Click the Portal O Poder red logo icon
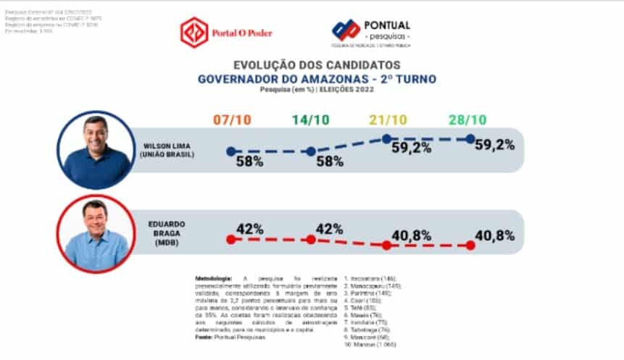[193, 32]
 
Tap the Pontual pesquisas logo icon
[346, 30]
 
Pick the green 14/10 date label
[310, 120]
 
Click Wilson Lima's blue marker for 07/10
[230, 151]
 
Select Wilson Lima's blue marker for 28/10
[470, 138]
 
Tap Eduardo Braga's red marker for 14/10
[311, 239]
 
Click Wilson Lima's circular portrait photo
[96, 151]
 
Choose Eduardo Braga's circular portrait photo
[96, 234]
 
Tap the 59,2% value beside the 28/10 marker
[495, 145]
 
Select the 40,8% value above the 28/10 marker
[495, 235]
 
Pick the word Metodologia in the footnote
[213, 278]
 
